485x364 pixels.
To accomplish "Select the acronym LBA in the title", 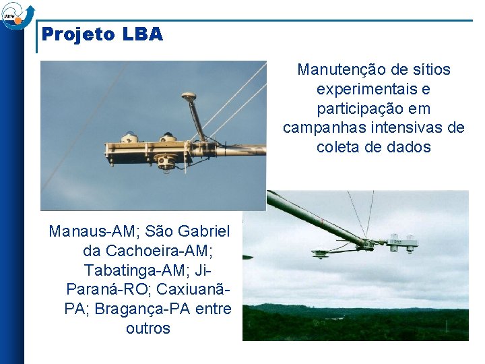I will [142, 35].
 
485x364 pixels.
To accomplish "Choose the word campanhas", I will [323, 128].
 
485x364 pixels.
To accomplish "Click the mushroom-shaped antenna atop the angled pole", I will [189, 98].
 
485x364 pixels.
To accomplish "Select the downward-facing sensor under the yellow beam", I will [165, 162].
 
